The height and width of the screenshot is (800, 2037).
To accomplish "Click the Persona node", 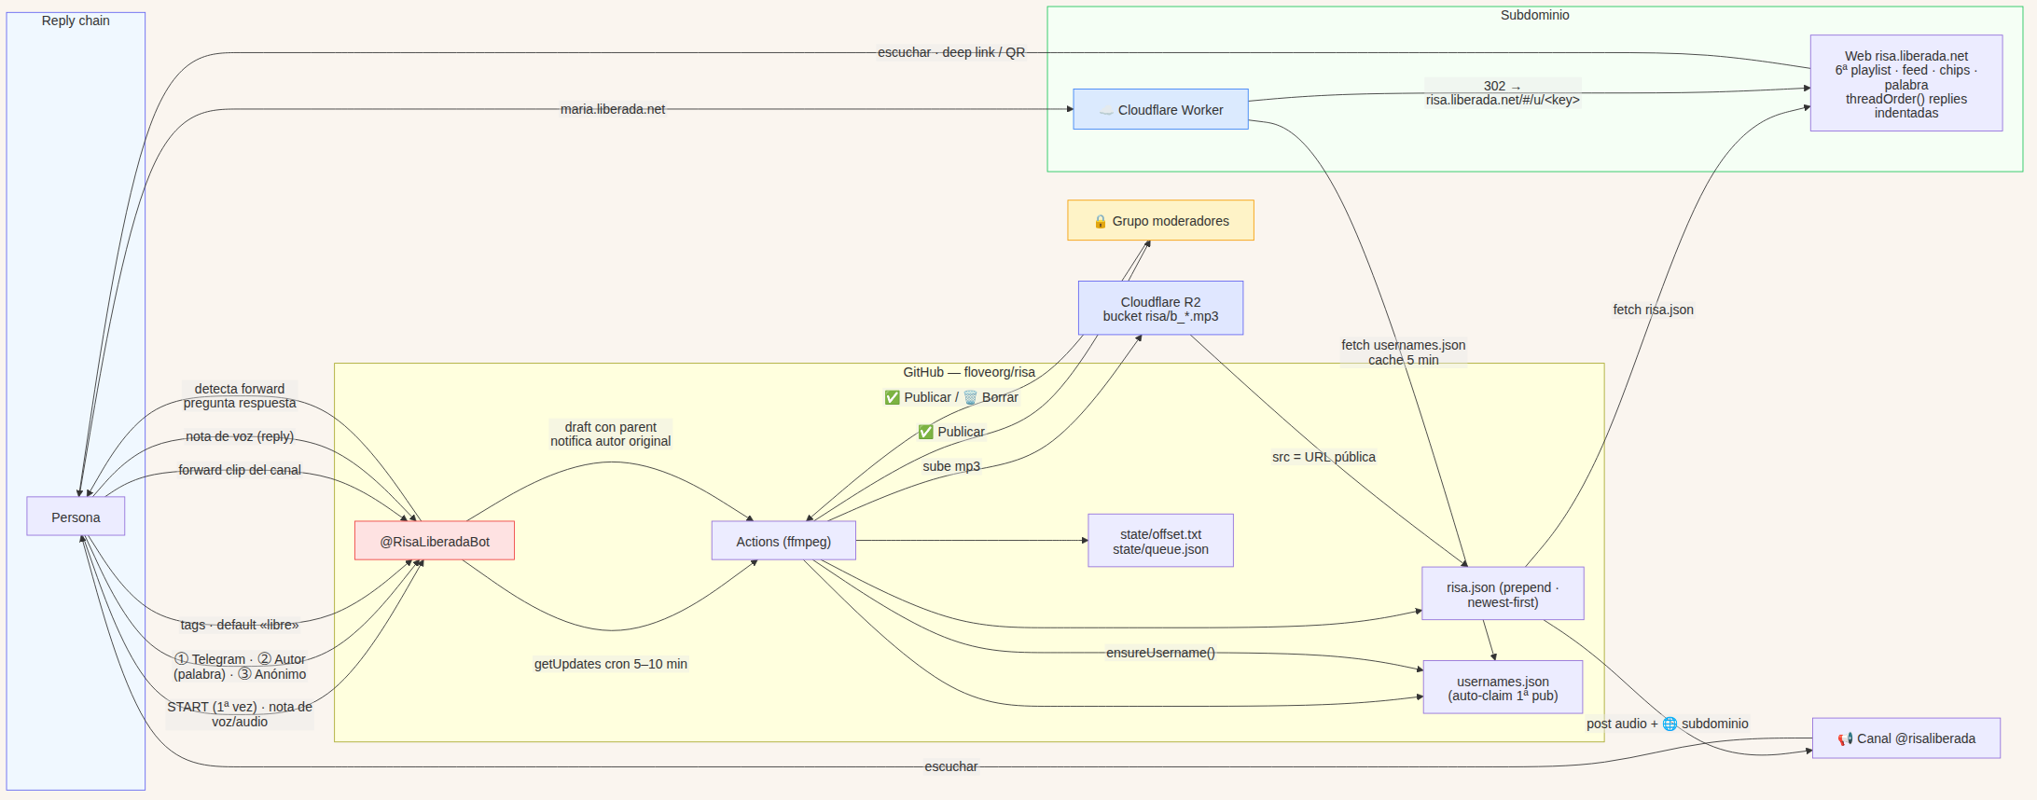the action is point(76,517).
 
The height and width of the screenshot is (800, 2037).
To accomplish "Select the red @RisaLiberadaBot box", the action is point(435,541).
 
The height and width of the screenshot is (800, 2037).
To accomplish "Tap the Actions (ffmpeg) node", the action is point(783,541).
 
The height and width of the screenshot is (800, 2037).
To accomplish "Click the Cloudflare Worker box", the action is point(1160,109).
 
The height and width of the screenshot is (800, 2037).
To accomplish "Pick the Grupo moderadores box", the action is point(1160,220).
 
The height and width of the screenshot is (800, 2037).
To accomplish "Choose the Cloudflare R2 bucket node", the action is point(1160,309).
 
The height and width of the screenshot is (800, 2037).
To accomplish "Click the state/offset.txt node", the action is point(1160,541).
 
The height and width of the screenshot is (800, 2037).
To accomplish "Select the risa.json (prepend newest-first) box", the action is point(1503,594).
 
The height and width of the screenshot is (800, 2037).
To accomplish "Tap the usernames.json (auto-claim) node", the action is point(1503,688).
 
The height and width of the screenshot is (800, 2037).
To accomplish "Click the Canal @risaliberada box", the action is point(1906,738).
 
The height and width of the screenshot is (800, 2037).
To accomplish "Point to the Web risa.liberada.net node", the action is point(1906,84).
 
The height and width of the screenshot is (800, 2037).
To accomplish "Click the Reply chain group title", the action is point(76,21).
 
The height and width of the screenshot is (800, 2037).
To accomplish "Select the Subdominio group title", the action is point(1535,15).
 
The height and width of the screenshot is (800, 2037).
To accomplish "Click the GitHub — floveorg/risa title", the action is point(969,372).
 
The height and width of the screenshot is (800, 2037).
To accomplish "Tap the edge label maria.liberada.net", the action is point(613,109).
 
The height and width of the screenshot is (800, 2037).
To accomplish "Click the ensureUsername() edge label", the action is point(1160,653).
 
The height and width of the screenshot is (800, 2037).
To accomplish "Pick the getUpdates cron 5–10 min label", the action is point(611,664).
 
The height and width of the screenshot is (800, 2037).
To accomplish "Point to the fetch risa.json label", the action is point(1653,310).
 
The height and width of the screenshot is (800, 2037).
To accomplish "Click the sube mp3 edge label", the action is point(951,466).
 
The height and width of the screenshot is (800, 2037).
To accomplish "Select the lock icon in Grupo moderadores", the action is point(1101,221).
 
